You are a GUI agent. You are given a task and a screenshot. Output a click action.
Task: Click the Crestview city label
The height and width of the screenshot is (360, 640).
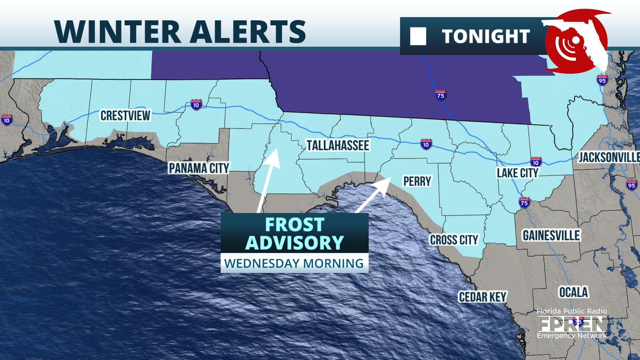125,115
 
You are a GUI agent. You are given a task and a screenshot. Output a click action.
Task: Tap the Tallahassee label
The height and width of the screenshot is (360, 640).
338,145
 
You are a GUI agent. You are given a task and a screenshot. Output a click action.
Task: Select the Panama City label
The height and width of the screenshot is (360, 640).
199,168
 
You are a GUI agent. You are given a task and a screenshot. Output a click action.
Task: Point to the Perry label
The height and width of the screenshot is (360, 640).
417,181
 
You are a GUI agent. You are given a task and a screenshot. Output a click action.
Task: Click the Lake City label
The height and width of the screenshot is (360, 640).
517,173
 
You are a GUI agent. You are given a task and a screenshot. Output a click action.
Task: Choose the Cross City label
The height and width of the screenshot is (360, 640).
454,240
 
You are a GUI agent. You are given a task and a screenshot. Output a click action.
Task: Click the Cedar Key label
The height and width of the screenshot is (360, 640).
482,297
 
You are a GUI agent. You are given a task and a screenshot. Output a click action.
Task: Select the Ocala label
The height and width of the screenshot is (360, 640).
573,292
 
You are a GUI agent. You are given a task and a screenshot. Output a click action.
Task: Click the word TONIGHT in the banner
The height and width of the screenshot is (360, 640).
486,36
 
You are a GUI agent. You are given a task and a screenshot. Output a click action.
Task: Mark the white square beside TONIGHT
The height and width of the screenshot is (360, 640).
418,37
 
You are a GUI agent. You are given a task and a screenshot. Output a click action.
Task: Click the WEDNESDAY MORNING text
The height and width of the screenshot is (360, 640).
294,263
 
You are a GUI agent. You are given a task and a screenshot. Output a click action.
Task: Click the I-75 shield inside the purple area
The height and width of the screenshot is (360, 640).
441,95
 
